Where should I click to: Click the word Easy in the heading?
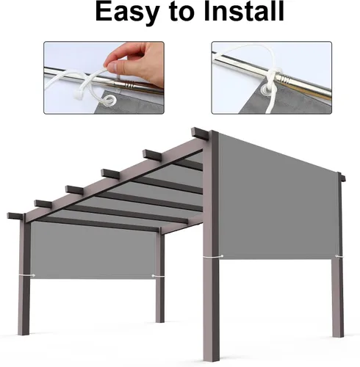pyautogui.click(x=126, y=12)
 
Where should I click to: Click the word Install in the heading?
pyautogui.click(x=244, y=11)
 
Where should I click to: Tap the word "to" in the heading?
pyautogui.click(x=181, y=12)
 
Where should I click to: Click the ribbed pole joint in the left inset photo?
pyautogui.click(x=129, y=85)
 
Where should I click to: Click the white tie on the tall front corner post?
pyautogui.click(x=213, y=256)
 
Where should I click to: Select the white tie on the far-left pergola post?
pyautogui.click(x=26, y=275)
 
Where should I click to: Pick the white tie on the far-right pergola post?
pyautogui.click(x=339, y=256)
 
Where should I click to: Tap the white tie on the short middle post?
pyautogui.click(x=157, y=276)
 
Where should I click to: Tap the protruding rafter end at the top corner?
pyautogui.click(x=200, y=134)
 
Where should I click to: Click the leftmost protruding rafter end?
pyautogui.click(x=16, y=216)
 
